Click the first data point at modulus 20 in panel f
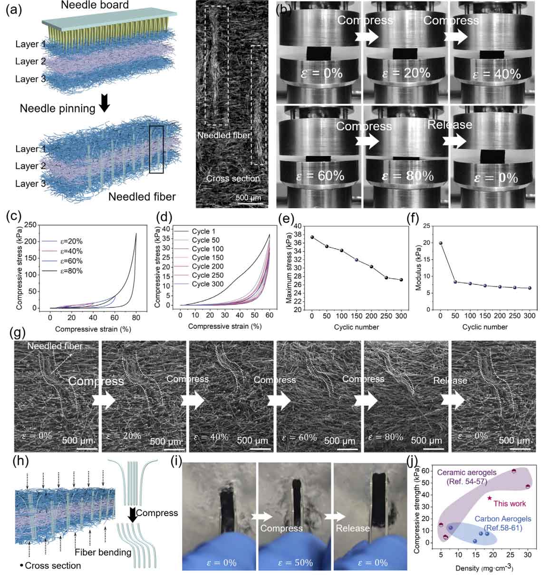(x=441, y=243)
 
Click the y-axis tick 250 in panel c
(x=31, y=225)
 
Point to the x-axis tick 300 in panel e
(x=402, y=316)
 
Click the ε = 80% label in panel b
(x=407, y=176)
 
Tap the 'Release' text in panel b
(x=449, y=125)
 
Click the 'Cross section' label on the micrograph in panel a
(x=233, y=179)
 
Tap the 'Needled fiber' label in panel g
(x=48, y=346)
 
